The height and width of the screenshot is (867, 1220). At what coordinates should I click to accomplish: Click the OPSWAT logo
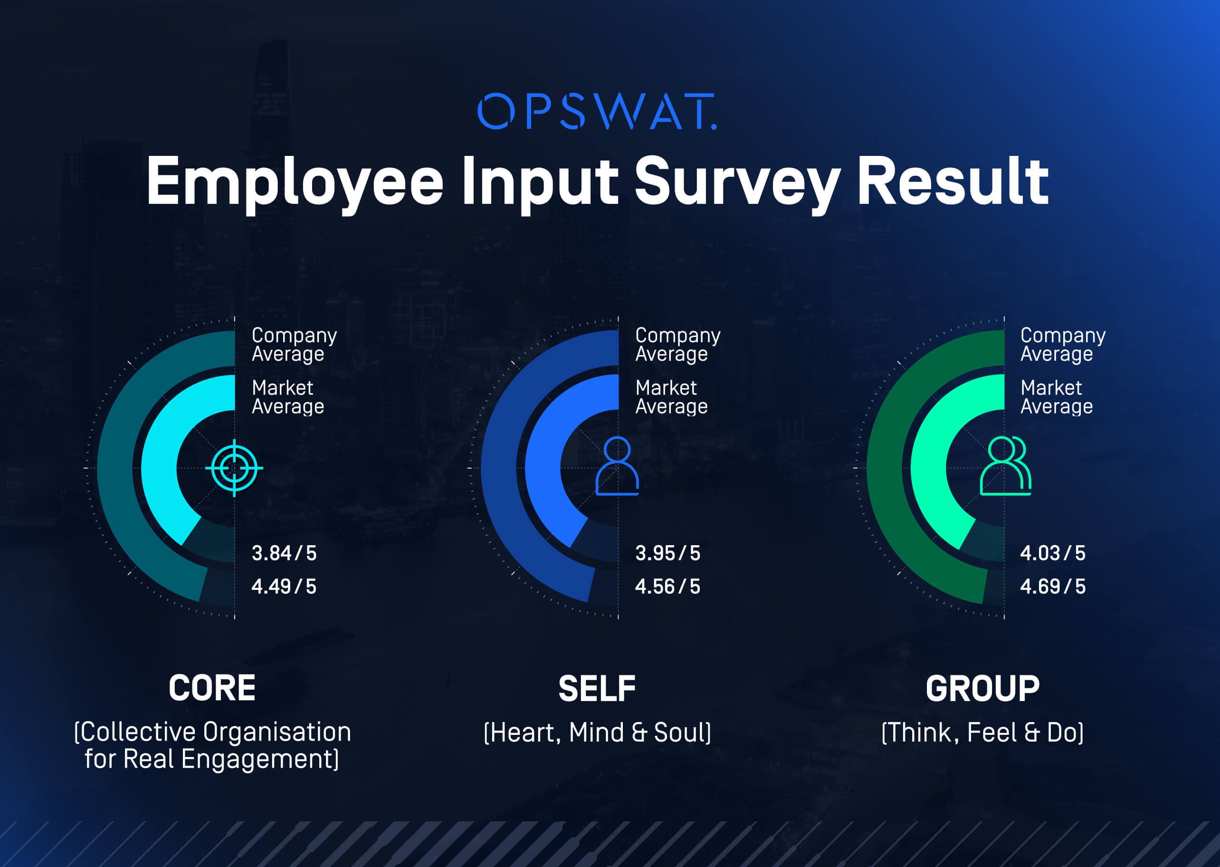(x=597, y=112)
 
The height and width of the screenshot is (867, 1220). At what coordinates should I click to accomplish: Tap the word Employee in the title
(x=295, y=182)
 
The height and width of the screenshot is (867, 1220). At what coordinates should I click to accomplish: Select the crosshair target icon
(x=234, y=468)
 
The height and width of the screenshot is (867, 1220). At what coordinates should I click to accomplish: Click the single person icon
(x=617, y=465)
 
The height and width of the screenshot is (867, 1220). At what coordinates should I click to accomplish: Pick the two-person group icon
(x=1006, y=465)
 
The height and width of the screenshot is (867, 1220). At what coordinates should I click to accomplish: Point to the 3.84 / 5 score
(x=284, y=553)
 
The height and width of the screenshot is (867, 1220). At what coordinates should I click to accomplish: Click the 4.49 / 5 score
(x=284, y=587)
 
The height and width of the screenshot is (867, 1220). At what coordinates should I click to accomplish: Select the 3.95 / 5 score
(x=667, y=553)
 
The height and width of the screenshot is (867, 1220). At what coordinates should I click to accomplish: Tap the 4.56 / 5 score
(x=667, y=587)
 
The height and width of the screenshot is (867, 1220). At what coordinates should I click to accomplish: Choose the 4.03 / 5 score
(x=1052, y=553)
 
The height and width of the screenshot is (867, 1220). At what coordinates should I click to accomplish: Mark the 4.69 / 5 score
(x=1052, y=587)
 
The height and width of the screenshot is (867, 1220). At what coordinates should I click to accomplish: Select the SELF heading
(x=597, y=689)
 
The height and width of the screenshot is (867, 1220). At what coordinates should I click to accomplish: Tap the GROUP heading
(x=982, y=689)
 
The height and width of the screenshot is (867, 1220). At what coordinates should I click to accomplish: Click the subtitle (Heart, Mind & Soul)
(x=597, y=732)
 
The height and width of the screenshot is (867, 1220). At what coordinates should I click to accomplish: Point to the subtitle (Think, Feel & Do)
(x=982, y=732)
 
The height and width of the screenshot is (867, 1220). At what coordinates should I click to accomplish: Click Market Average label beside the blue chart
(x=671, y=397)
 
